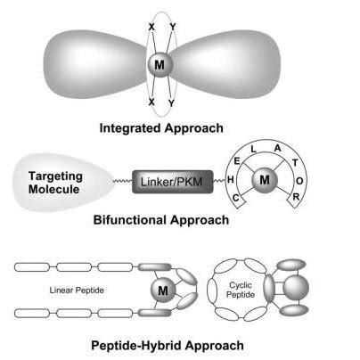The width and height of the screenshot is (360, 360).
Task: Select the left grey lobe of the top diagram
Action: [86, 61]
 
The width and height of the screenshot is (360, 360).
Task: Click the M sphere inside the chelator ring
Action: [263, 182]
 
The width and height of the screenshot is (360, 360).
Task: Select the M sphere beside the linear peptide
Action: [160, 288]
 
